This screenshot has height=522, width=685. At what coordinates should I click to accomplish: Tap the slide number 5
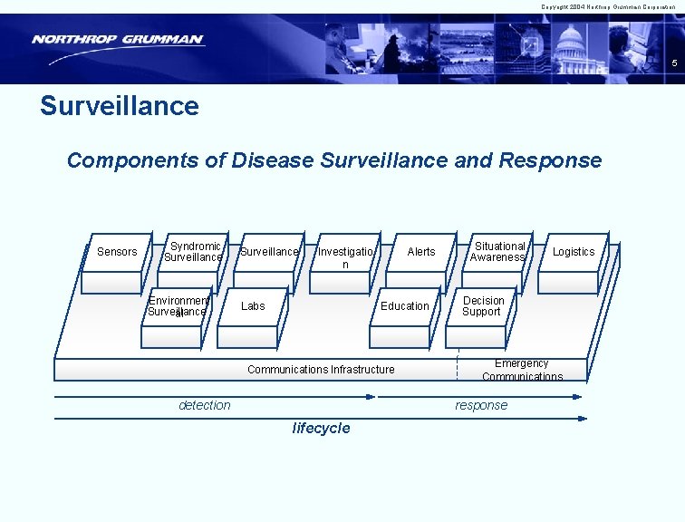pyautogui.click(x=673, y=63)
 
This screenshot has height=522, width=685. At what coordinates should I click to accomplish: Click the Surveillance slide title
pyautogui.click(x=120, y=106)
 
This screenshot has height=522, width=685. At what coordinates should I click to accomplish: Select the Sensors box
pyautogui.click(x=117, y=252)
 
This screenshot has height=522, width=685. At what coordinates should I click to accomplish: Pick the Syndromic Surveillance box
pyautogui.click(x=192, y=252)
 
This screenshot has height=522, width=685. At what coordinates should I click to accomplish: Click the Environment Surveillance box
pyautogui.click(x=178, y=306)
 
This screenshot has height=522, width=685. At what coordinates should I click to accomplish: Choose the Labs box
pyautogui.click(x=253, y=306)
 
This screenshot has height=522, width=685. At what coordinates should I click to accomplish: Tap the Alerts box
pyautogui.click(x=420, y=252)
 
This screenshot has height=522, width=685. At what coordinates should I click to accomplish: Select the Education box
pyautogui.click(x=405, y=306)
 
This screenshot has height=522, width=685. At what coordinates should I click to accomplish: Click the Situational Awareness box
pyautogui.click(x=498, y=252)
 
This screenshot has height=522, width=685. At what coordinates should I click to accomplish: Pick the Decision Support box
pyautogui.click(x=483, y=306)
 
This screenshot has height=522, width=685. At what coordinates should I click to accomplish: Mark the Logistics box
pyautogui.click(x=574, y=252)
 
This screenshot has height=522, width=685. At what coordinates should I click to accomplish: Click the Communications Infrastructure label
pyautogui.click(x=321, y=370)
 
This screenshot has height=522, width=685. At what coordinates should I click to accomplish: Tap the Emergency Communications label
pyautogui.click(x=522, y=370)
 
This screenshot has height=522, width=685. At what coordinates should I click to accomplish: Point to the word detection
pyautogui.click(x=205, y=405)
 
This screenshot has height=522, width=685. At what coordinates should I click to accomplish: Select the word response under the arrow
pyautogui.click(x=481, y=405)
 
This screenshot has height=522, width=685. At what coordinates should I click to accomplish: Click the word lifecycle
pyautogui.click(x=321, y=429)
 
